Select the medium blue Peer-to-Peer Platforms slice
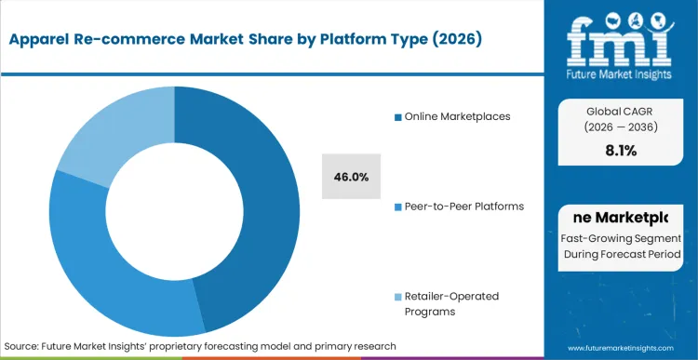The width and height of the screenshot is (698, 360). point(102,270)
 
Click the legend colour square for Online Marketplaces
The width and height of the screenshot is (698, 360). point(396,117)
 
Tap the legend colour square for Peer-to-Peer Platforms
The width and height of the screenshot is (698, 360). point(396,207)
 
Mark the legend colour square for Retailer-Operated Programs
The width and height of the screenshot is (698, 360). point(396,297)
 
